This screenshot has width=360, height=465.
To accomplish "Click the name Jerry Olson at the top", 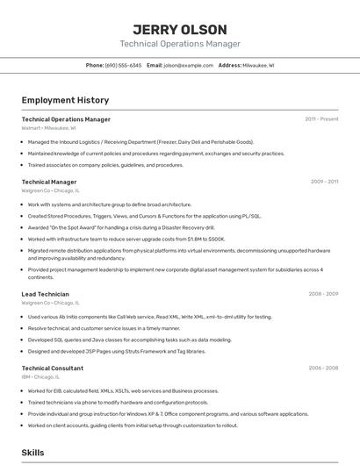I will (179, 30).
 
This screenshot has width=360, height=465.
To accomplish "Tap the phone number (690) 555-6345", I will (124, 65).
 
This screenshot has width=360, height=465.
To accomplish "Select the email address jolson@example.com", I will (189, 65).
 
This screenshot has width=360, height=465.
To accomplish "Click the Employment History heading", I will (65, 100).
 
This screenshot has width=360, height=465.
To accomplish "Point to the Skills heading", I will (33, 453).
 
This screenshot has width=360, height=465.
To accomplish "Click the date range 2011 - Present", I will (321, 118).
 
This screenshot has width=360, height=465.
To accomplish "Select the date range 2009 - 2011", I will (324, 182).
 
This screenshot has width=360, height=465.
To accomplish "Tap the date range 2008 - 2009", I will (323, 294).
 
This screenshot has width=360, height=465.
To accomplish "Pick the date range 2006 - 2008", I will (323, 368).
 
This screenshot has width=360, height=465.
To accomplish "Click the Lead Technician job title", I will (46, 294).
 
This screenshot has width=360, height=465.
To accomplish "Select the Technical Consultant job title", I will (53, 368).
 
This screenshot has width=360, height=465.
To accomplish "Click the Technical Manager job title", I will (49, 182).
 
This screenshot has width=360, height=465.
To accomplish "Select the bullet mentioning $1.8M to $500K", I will (126, 239).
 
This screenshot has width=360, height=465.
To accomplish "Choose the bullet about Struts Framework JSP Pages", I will (117, 351).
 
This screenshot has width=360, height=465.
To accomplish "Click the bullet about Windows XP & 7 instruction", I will (167, 413).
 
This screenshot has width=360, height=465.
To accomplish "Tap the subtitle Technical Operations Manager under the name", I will (179, 44).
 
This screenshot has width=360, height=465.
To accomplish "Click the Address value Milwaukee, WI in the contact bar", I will (259, 65).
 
